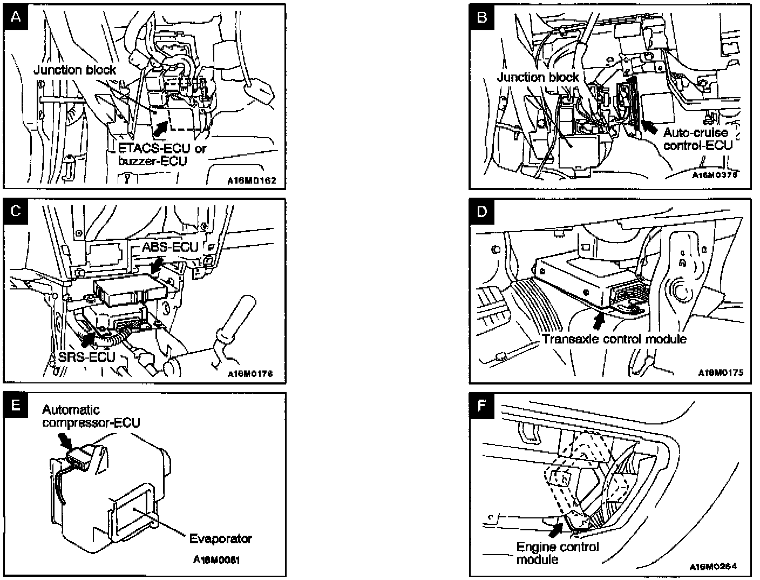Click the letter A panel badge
pos(16,17)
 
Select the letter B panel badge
pos(482,17)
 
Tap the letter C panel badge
pos(16,211)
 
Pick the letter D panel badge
pos(482,211)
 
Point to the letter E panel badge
pos(16,404)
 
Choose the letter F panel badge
pos(482,404)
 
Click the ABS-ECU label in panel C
pos(171,247)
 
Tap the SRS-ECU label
pos(84,358)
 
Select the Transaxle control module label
pos(614,339)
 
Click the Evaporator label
pos(220,538)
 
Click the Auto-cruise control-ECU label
pos(697,139)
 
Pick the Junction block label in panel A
pos(74,70)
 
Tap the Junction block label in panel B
pos(538,77)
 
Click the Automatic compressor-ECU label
pos(91,416)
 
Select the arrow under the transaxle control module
pos(598,320)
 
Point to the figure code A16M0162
pos(252,181)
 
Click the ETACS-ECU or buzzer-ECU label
pos(162,154)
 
